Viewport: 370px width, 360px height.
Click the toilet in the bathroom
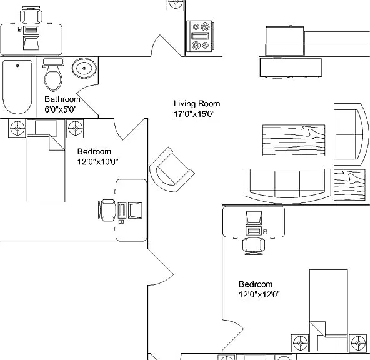(x=53, y=74)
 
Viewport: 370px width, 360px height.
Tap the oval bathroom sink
(x=84, y=68)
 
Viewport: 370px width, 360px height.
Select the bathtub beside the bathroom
(x=17, y=87)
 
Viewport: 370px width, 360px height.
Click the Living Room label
(x=197, y=104)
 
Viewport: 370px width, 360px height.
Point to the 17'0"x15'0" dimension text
(x=194, y=114)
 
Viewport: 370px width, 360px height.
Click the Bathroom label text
(x=62, y=99)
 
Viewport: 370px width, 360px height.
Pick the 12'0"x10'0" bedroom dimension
(x=97, y=162)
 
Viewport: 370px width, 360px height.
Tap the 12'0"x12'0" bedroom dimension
(x=259, y=294)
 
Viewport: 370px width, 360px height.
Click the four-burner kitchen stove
(x=199, y=36)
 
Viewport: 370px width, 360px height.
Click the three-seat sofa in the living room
(x=287, y=186)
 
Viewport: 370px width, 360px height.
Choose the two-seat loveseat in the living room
(x=351, y=134)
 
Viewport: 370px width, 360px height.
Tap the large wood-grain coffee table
(x=294, y=141)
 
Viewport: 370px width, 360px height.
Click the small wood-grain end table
(x=349, y=185)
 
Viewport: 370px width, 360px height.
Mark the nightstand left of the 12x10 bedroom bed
(x=17, y=128)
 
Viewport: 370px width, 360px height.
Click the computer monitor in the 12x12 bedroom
(x=254, y=217)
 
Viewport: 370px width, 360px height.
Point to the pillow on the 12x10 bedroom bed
(x=46, y=128)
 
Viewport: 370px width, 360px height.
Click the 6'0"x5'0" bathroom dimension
(x=61, y=109)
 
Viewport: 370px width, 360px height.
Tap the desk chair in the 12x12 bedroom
(x=254, y=246)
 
